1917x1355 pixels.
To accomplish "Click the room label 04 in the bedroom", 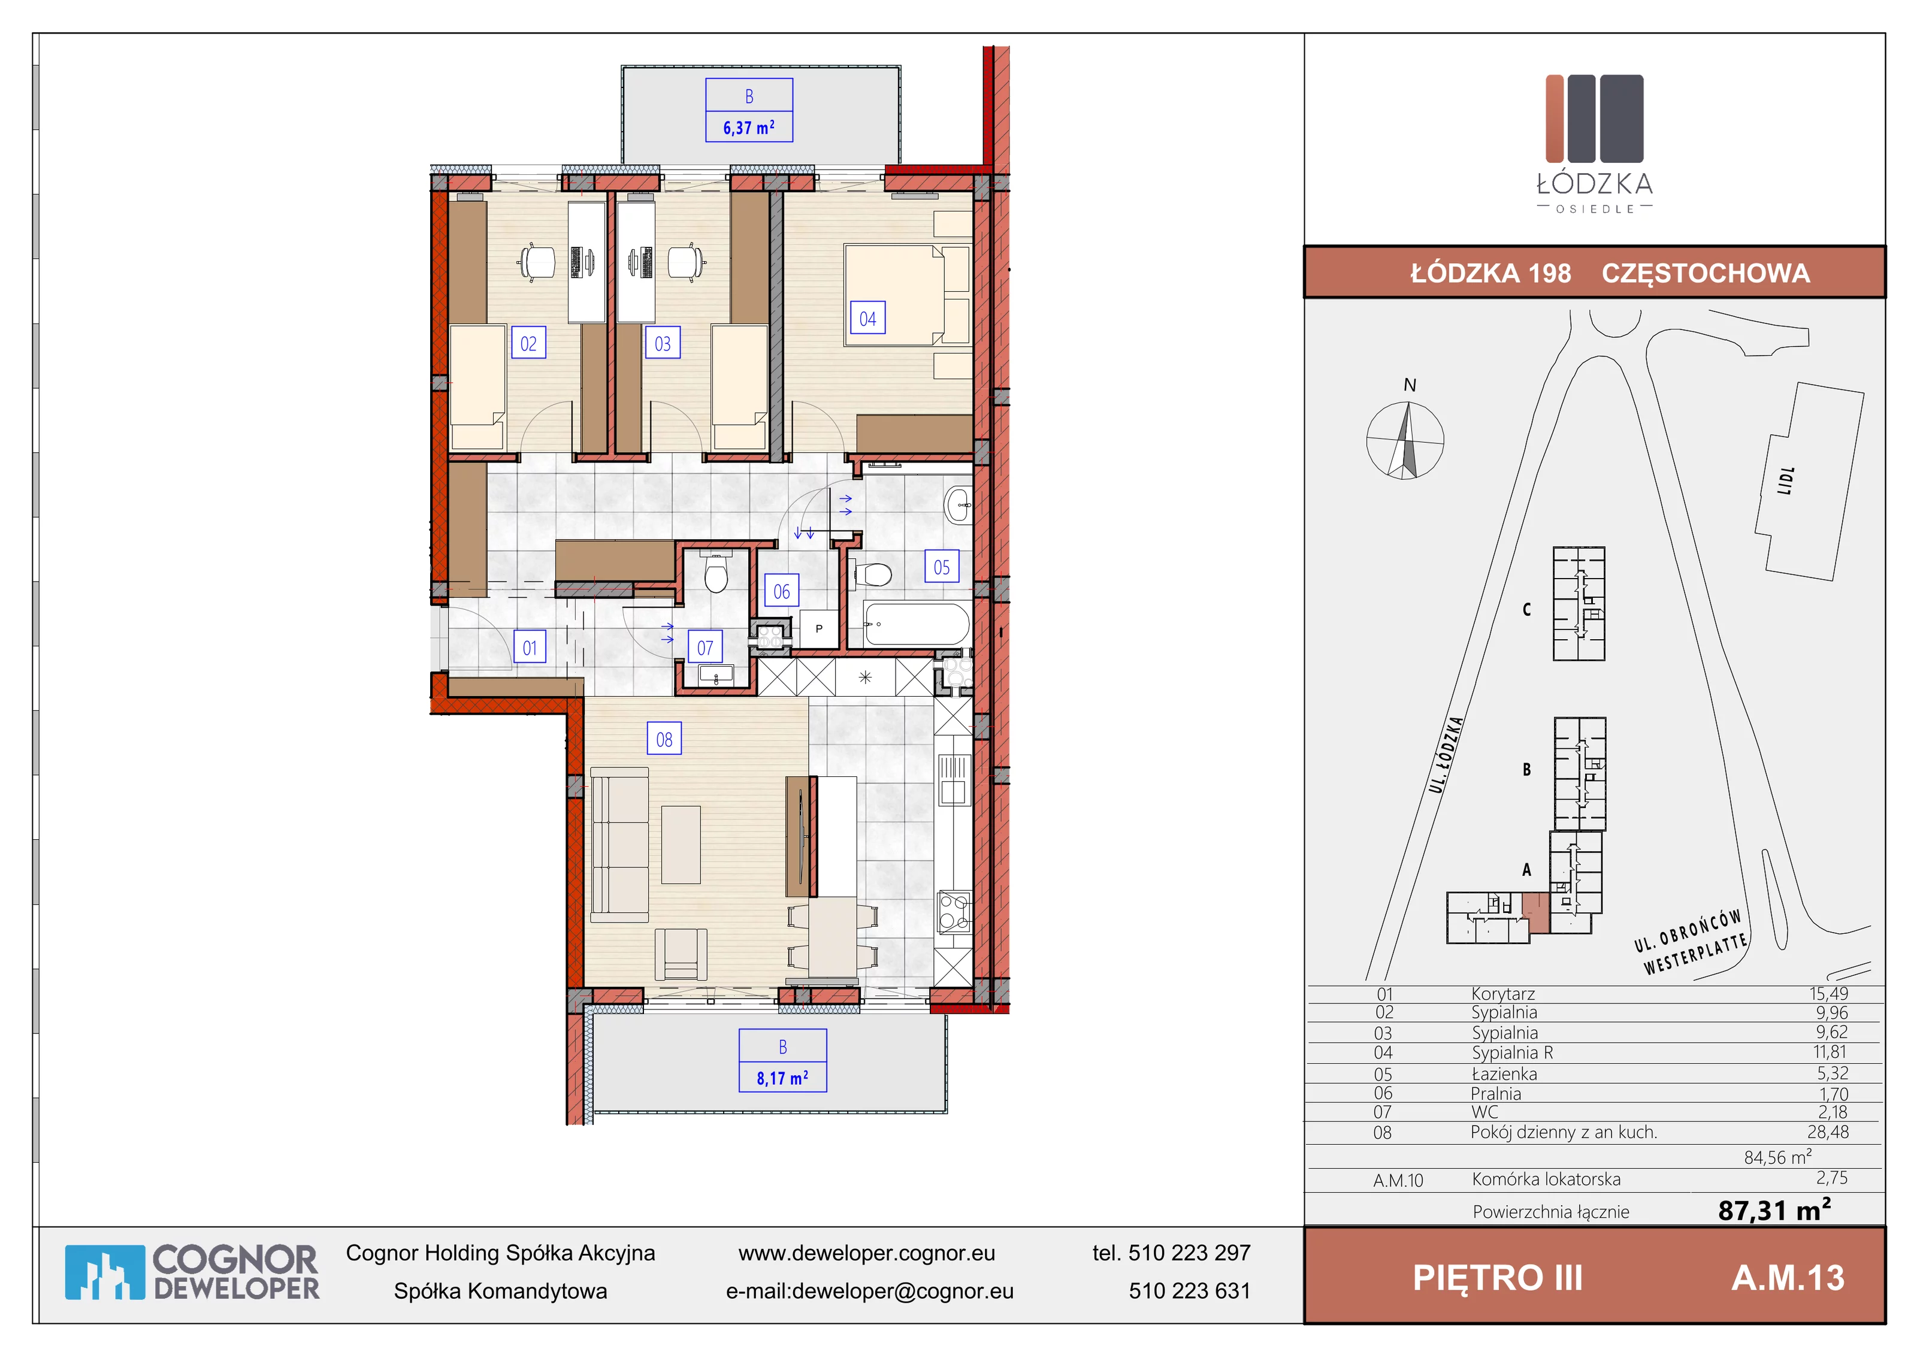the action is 867,318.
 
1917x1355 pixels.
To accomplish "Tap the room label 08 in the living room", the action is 664,739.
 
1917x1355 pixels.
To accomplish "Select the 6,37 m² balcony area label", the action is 749,128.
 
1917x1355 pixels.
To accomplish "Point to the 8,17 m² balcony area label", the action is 782,1078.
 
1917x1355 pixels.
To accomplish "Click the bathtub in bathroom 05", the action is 917,624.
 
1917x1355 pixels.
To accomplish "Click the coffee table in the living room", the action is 681,844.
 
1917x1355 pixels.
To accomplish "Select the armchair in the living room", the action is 681,954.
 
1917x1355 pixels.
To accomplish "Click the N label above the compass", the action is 1410,385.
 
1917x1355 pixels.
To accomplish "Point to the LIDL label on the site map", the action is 1786,481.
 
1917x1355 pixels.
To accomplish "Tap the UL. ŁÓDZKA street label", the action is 1446,754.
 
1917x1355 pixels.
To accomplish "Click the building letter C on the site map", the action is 1526,609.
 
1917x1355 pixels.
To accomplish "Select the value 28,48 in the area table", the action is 1828,1132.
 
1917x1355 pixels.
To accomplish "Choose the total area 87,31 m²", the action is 1774,1209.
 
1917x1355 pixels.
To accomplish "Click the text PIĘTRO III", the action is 1497,1277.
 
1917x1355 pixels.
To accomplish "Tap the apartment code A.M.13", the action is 1788,1277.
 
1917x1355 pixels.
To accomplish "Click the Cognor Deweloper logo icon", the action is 104,1272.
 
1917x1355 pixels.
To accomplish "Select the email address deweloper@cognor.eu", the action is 902,1291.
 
